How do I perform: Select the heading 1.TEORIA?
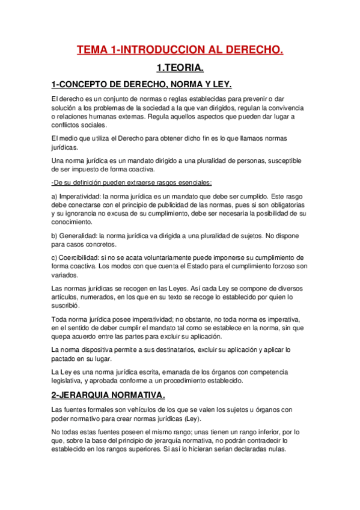click(180, 68)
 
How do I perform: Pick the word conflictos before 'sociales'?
click(67, 125)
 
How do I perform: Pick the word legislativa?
click(70, 381)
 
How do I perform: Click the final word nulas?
click(275, 449)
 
